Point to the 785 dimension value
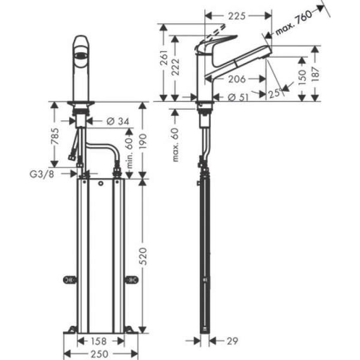[56, 137]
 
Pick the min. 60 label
[127, 149]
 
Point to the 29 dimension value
[232, 341]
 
